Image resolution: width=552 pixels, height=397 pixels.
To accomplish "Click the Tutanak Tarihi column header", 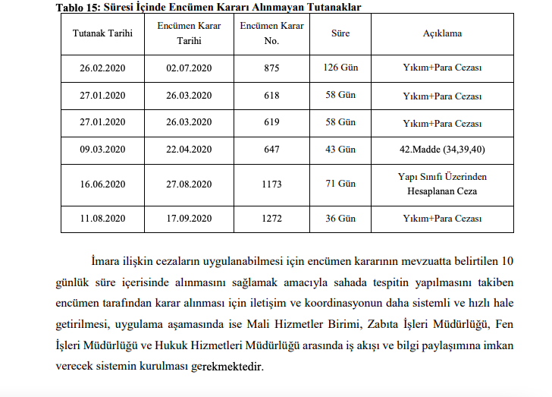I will click(102, 33).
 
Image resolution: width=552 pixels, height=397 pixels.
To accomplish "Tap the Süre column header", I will click(340, 33).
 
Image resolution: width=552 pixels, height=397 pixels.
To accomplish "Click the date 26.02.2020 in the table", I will click(102, 68).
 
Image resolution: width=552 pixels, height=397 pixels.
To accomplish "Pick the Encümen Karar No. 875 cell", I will click(271, 68).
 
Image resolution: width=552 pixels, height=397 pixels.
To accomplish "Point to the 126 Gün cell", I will click(340, 68).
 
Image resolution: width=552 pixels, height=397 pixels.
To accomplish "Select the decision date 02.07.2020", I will click(189, 68).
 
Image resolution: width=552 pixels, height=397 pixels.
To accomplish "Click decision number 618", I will click(271, 96).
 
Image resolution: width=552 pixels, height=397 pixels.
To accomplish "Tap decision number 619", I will click(271, 122).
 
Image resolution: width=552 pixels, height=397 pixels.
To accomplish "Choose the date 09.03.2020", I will click(102, 150).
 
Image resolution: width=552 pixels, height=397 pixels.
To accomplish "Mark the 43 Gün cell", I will click(340, 150).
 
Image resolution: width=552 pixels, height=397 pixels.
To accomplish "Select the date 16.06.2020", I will click(102, 184).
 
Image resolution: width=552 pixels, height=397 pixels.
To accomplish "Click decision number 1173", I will click(271, 184).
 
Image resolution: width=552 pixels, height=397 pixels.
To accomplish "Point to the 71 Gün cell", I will click(340, 184).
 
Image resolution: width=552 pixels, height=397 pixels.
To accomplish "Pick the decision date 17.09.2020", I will click(189, 219).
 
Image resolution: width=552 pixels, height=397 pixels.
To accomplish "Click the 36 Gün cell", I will click(340, 219).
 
